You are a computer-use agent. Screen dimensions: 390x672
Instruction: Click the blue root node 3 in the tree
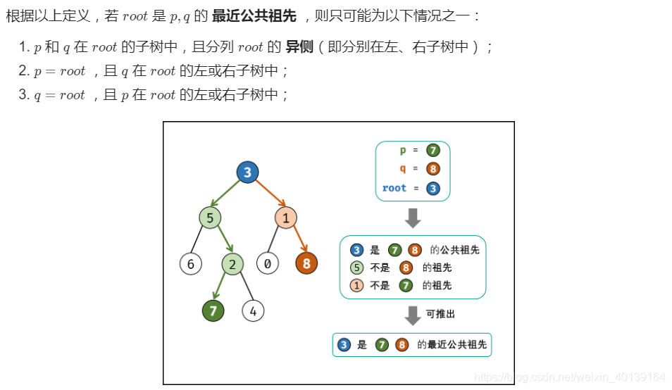[247, 172]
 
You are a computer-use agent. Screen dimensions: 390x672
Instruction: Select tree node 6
[190, 264]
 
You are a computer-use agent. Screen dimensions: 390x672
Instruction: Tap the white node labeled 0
[268, 264]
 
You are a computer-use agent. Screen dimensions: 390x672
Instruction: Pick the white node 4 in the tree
[253, 310]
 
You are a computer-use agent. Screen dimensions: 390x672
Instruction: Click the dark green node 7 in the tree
[213, 310]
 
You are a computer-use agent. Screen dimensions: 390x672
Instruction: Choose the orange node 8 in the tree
[306, 264]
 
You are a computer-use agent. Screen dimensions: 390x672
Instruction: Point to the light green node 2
[232, 264]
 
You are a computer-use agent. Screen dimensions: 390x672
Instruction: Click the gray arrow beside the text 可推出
[413, 315]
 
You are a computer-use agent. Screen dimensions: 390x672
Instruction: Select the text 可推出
[440, 314]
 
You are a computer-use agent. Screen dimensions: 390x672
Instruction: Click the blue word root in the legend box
[394, 188]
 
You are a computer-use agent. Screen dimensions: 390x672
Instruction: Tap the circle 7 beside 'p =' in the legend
[433, 151]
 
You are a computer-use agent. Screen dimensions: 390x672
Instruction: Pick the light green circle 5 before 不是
[357, 268]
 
